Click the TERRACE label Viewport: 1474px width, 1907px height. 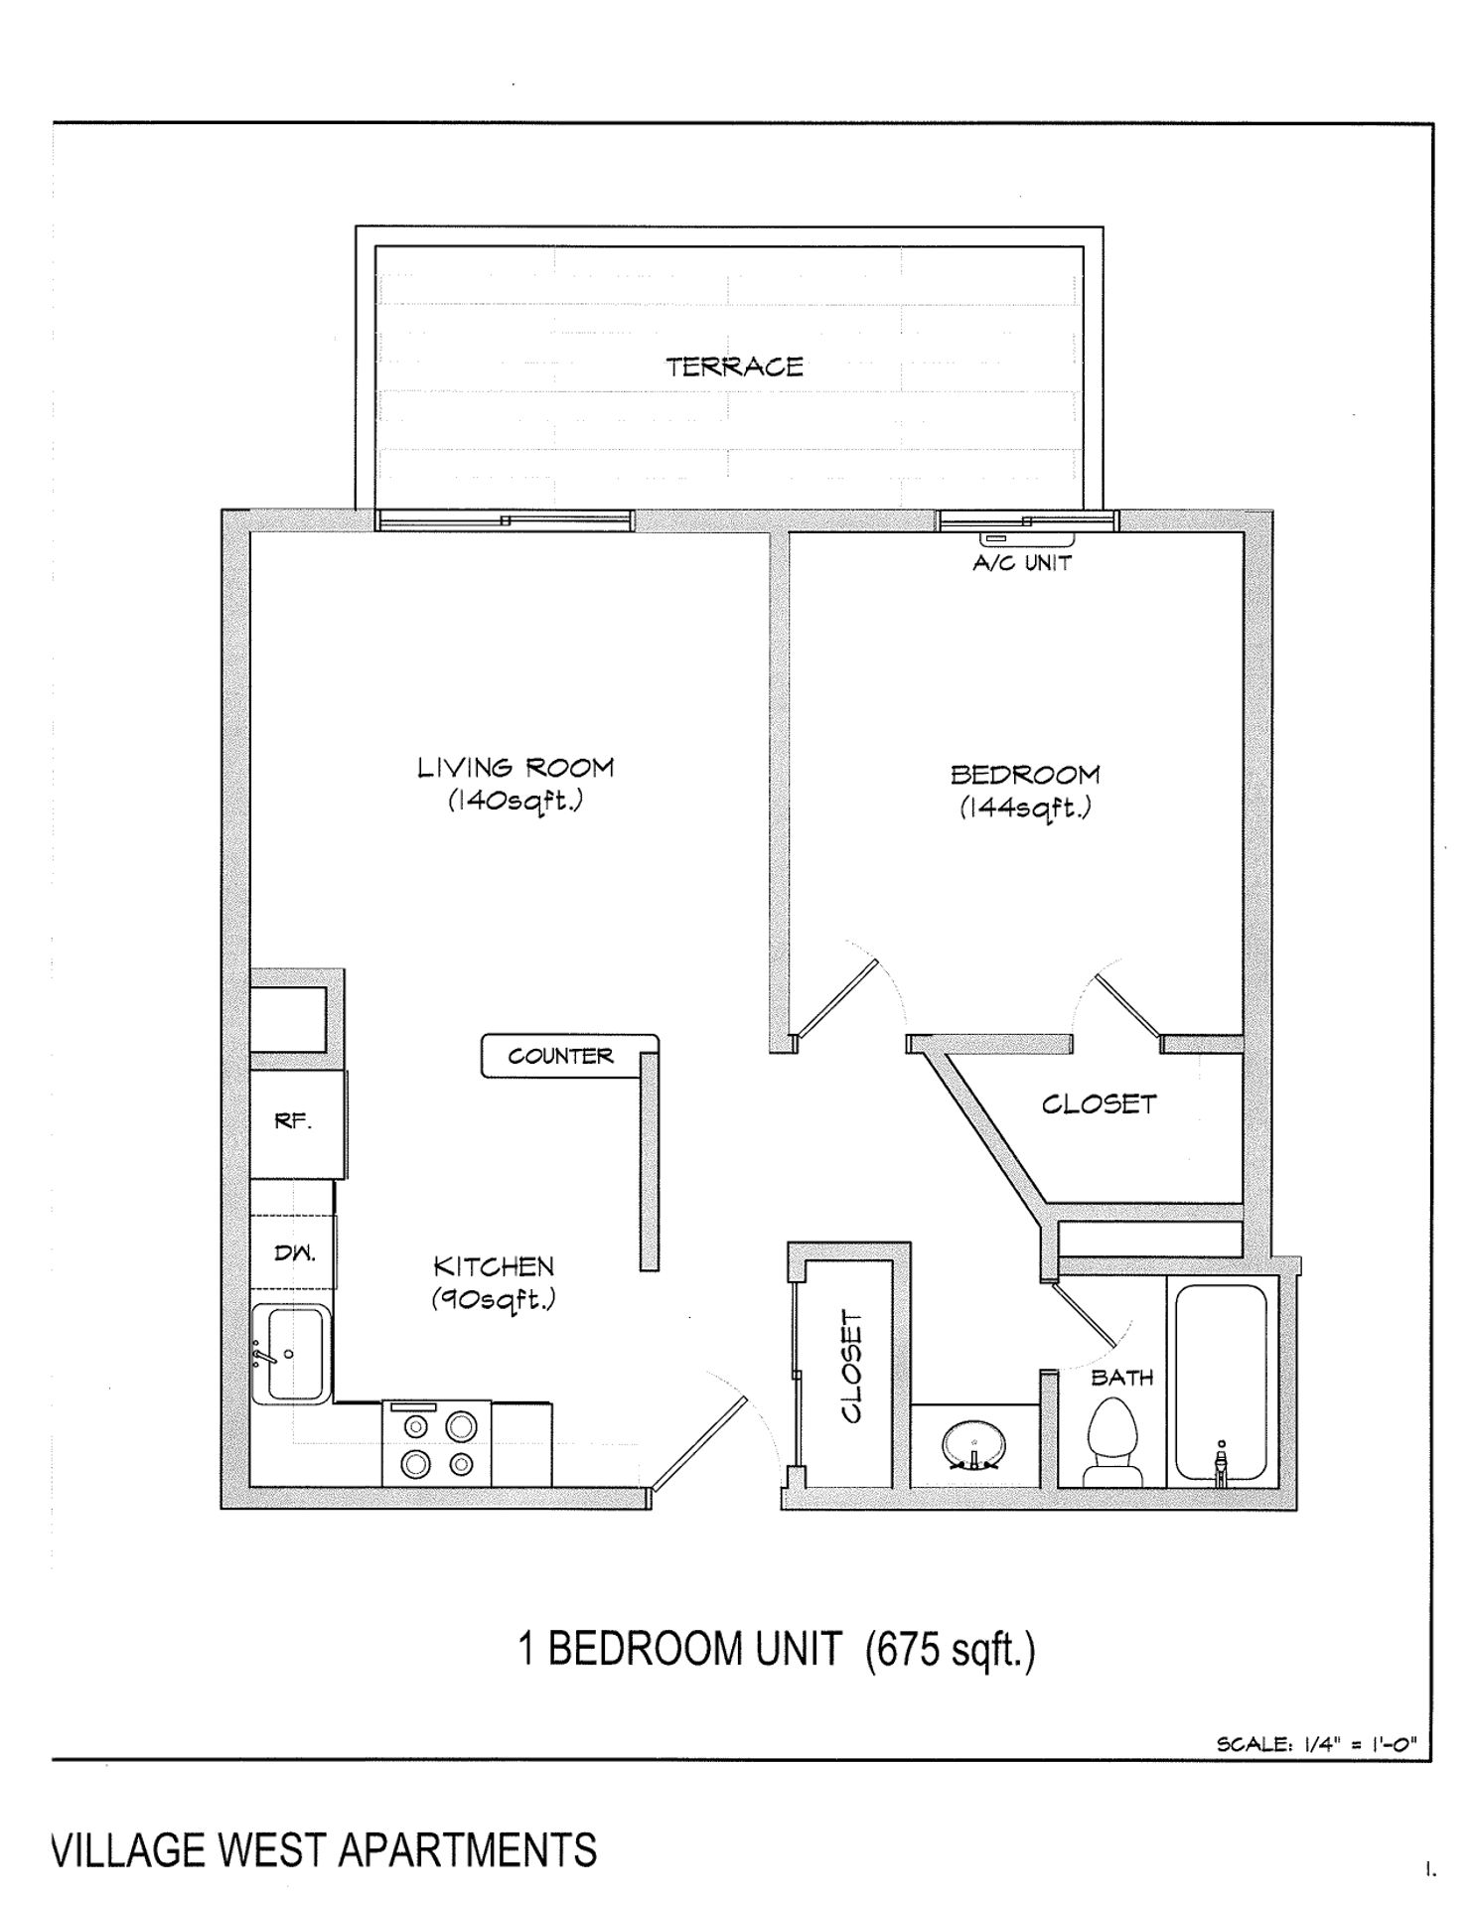click(734, 367)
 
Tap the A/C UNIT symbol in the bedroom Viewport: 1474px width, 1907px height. click(1029, 539)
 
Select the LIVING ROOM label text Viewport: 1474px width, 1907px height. click(515, 768)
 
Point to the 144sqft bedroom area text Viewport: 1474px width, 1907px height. click(1025, 807)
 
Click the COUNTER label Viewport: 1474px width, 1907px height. click(560, 1056)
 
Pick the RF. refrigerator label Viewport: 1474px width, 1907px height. click(293, 1122)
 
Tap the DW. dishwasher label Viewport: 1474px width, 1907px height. click(295, 1253)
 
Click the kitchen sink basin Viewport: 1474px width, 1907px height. click(291, 1353)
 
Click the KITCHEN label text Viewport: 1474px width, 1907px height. click(494, 1266)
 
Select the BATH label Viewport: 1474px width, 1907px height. click(1121, 1378)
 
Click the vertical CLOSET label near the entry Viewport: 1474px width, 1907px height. click(852, 1366)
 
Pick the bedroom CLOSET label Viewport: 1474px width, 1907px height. click(1099, 1104)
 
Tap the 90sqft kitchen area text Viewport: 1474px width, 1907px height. click(493, 1299)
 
